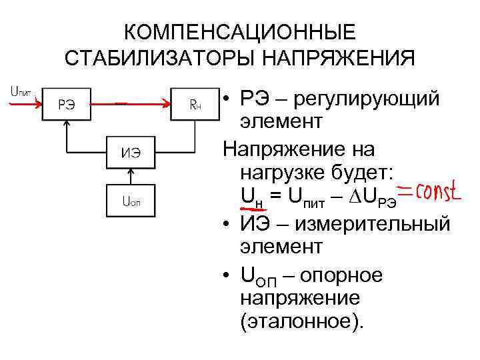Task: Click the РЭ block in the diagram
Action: (66, 103)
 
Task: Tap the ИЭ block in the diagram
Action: (131, 152)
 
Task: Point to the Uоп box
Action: (131, 199)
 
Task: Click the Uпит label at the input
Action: (21, 92)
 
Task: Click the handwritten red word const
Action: (433, 193)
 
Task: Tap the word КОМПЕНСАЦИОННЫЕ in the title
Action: (240, 33)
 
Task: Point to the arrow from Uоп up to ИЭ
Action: (131, 175)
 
